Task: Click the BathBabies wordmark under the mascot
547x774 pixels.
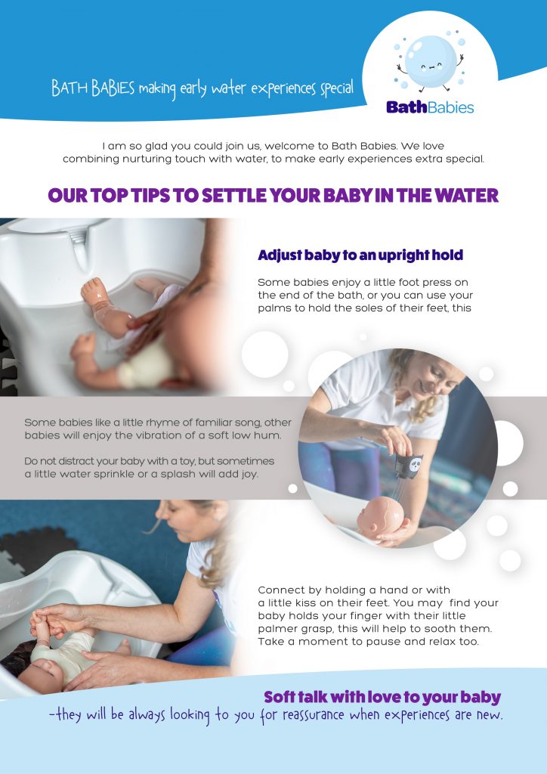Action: coord(430,107)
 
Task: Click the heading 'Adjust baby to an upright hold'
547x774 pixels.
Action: coord(360,255)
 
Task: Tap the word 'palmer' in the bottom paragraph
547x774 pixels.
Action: coord(274,630)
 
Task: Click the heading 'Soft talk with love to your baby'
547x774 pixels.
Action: coord(382,697)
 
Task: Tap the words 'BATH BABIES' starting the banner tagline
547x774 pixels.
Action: coord(93,88)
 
